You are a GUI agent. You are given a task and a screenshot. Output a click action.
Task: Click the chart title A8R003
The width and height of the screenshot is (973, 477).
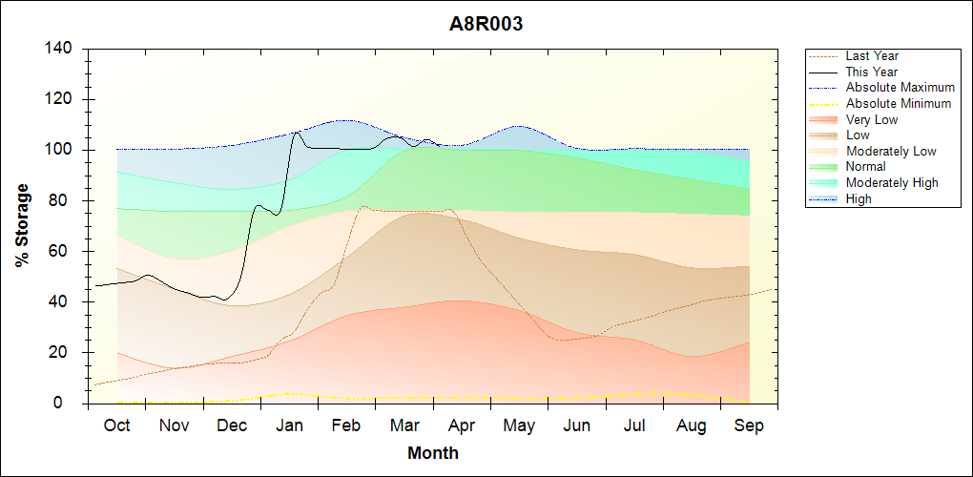click(486, 25)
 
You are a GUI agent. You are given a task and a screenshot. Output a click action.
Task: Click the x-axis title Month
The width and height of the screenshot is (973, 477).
click(433, 453)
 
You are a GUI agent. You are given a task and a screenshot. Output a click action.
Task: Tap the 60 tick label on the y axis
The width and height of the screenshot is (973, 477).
click(64, 252)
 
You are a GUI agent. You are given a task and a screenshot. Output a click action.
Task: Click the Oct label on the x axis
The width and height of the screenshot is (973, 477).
click(116, 425)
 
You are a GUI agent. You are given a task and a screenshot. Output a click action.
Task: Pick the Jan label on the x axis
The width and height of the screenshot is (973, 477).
click(289, 425)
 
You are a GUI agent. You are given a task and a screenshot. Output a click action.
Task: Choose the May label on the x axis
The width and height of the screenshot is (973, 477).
click(519, 425)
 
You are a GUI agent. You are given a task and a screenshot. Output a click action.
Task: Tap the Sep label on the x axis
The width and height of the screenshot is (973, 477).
click(749, 425)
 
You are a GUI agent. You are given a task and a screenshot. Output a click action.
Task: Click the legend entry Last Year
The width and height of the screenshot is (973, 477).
click(872, 56)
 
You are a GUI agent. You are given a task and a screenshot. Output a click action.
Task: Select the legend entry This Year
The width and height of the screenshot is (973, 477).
click(872, 72)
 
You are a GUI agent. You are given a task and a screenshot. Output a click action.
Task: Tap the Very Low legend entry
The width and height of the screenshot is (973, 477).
click(872, 119)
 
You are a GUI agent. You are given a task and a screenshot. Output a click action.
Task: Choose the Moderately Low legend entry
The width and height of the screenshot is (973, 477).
click(891, 151)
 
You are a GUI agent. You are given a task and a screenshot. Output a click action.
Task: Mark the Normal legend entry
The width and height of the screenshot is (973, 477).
click(865, 167)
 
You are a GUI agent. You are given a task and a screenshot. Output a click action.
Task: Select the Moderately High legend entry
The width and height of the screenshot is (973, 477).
click(892, 182)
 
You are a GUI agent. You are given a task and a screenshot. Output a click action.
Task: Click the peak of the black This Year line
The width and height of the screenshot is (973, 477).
click(297, 132)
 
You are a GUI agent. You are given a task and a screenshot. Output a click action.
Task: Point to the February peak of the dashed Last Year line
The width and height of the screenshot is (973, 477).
click(363, 206)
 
